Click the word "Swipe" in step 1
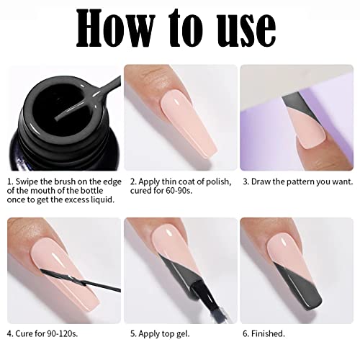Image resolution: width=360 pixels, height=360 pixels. (27, 181)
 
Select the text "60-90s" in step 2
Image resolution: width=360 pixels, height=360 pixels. (179, 191)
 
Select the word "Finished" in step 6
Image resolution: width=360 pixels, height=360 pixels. (267, 333)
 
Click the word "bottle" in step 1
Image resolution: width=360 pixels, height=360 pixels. (91, 191)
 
